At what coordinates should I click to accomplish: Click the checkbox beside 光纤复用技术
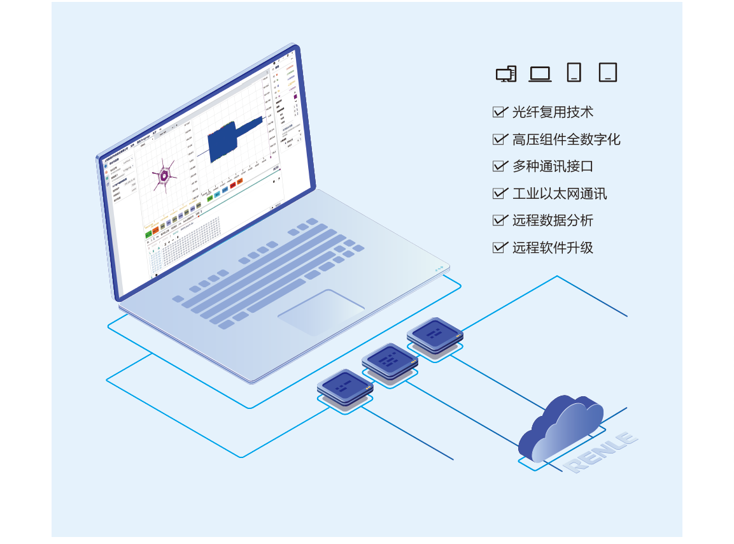click(x=500, y=112)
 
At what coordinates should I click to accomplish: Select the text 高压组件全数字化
click(x=566, y=140)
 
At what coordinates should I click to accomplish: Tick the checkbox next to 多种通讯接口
click(x=500, y=166)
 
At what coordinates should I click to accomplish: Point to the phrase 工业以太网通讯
click(x=560, y=194)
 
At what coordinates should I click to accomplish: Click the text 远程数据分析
click(x=553, y=220)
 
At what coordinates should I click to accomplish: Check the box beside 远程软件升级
click(x=500, y=247)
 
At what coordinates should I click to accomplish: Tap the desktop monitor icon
click(x=506, y=74)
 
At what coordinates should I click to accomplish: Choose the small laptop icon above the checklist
click(x=540, y=74)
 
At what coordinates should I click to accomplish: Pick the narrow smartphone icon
click(x=574, y=73)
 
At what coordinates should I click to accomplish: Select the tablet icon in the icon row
click(x=608, y=73)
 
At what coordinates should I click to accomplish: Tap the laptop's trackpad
click(x=321, y=311)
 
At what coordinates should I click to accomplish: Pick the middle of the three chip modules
click(x=390, y=363)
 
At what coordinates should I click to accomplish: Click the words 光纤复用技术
click(x=553, y=112)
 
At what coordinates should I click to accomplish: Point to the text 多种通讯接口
click(x=553, y=166)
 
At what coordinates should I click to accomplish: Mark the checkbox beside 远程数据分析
click(x=500, y=220)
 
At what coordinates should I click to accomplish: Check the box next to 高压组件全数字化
click(x=500, y=140)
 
